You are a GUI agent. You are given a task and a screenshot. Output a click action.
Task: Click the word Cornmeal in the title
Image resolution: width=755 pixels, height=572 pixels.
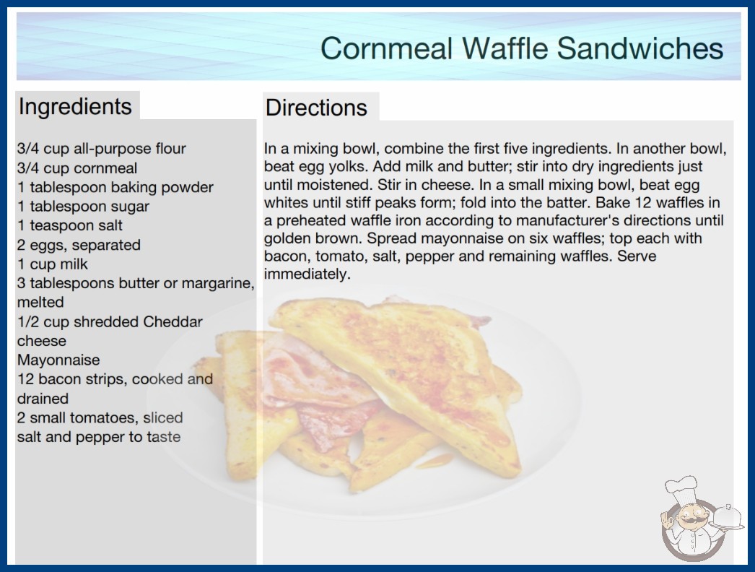click(x=386, y=48)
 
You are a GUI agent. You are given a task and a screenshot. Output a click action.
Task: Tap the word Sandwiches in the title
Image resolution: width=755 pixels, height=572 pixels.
click(x=640, y=48)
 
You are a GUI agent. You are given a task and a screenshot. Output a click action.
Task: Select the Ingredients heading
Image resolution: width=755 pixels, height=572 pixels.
click(x=75, y=107)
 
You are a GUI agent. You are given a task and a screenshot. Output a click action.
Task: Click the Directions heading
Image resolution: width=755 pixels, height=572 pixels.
click(x=316, y=108)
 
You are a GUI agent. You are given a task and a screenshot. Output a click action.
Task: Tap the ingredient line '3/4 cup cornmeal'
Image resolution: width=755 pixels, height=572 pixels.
click(x=77, y=168)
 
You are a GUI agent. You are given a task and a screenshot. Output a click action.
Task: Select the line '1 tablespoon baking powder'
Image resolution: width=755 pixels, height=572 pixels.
click(x=115, y=188)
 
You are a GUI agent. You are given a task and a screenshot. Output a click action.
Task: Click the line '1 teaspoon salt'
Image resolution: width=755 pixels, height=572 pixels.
click(x=70, y=225)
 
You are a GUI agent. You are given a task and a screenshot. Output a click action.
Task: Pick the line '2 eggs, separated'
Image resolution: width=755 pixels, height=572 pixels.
click(x=79, y=245)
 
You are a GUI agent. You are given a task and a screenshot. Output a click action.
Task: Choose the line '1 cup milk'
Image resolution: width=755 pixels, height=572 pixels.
click(x=53, y=264)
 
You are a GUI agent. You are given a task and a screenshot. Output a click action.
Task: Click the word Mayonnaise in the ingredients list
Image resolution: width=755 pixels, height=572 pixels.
click(x=58, y=360)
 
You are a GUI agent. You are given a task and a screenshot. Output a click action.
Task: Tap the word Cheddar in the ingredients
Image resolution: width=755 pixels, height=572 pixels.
click(x=173, y=321)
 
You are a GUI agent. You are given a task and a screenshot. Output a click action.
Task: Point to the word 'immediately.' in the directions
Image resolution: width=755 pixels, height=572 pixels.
click(x=307, y=274)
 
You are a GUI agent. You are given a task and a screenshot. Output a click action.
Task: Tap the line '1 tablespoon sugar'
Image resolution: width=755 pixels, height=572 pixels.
click(x=83, y=207)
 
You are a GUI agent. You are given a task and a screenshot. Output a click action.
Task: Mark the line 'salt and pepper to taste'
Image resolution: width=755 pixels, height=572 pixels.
click(x=99, y=437)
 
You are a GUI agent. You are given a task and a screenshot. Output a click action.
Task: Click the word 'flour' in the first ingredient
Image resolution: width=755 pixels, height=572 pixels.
click(x=170, y=149)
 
